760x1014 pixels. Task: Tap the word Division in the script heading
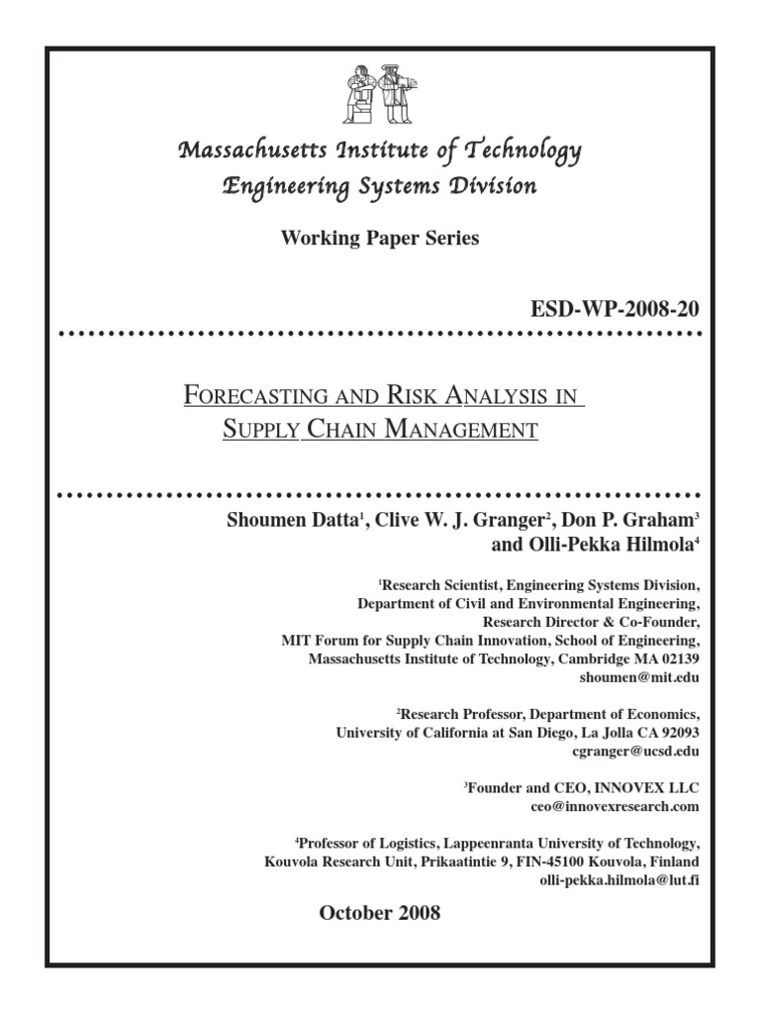tap(493, 186)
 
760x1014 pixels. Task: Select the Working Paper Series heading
tap(380, 239)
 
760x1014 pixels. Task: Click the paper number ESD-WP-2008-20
tap(616, 310)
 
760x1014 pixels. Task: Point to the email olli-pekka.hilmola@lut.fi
tap(619, 879)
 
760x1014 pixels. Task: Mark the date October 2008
tap(379, 913)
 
